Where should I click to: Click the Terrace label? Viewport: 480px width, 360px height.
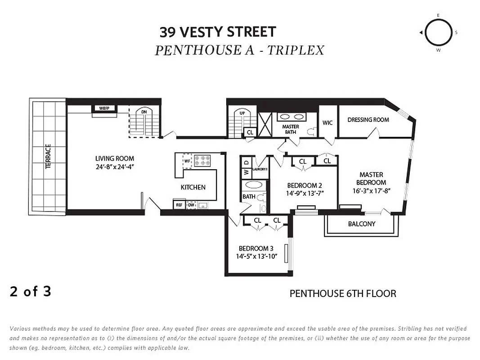pyautogui.click(x=48, y=156)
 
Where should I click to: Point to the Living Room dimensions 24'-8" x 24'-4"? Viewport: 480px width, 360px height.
pyautogui.click(x=115, y=166)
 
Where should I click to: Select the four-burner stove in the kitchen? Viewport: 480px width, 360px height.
pyautogui.click(x=202, y=161)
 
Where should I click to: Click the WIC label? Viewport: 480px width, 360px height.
pyautogui.click(x=327, y=123)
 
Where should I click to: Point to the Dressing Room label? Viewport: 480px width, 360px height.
pyautogui.click(x=368, y=120)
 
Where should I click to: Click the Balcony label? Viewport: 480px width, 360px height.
pyautogui.click(x=361, y=224)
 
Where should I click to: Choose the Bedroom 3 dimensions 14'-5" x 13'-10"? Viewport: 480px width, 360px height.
pyautogui.click(x=256, y=256)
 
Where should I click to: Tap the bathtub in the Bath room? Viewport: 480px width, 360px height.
pyautogui.click(x=254, y=185)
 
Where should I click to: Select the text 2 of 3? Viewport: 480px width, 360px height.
pyautogui.click(x=30, y=292)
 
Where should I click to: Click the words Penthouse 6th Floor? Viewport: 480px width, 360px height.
pyautogui.click(x=342, y=294)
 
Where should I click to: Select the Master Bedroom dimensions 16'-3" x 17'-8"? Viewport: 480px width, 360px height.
pyautogui.click(x=371, y=191)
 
